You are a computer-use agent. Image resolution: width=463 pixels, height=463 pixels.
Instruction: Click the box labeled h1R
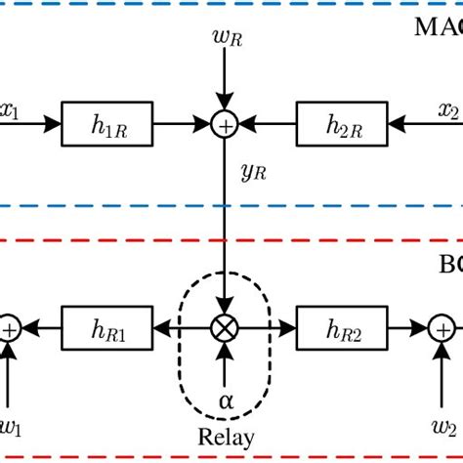105,125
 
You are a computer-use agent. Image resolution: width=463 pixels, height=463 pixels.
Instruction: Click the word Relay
226,439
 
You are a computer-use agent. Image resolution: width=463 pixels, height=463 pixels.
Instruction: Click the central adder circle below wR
226,125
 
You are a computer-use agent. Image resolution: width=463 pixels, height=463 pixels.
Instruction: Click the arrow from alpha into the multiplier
226,367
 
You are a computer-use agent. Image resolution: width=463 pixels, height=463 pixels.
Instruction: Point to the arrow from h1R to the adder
182,125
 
